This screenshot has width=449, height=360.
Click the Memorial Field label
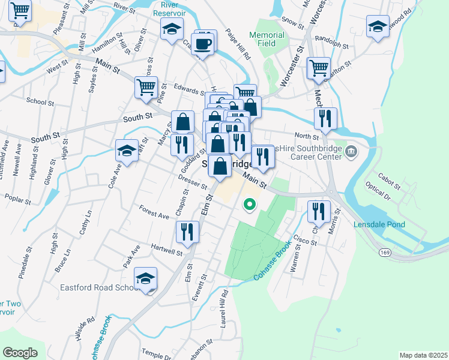click(x=262, y=39)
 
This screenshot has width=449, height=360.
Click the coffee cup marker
click(x=203, y=43)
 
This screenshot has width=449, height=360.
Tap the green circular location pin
click(x=249, y=205)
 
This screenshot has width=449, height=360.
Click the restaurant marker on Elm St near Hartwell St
click(x=187, y=232)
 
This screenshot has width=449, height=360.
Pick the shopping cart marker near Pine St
click(x=146, y=88)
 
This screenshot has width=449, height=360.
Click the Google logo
click(x=20, y=352)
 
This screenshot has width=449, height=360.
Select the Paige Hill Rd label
click(x=238, y=45)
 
